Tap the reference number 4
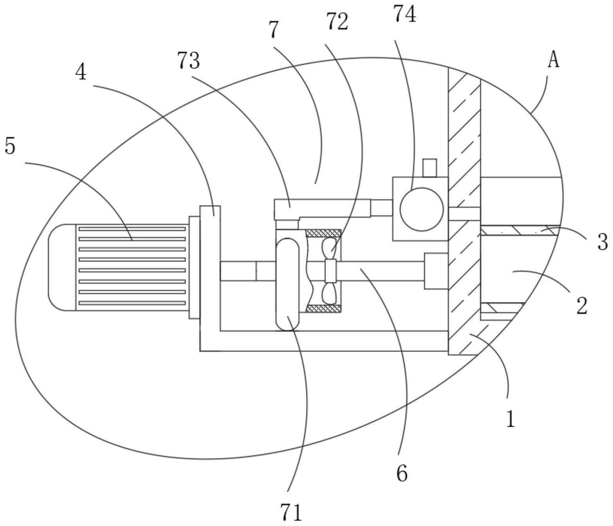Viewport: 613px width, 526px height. [81, 72]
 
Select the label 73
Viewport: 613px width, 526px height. [189, 60]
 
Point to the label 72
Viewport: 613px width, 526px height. [337, 22]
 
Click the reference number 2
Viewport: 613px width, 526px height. [582, 306]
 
